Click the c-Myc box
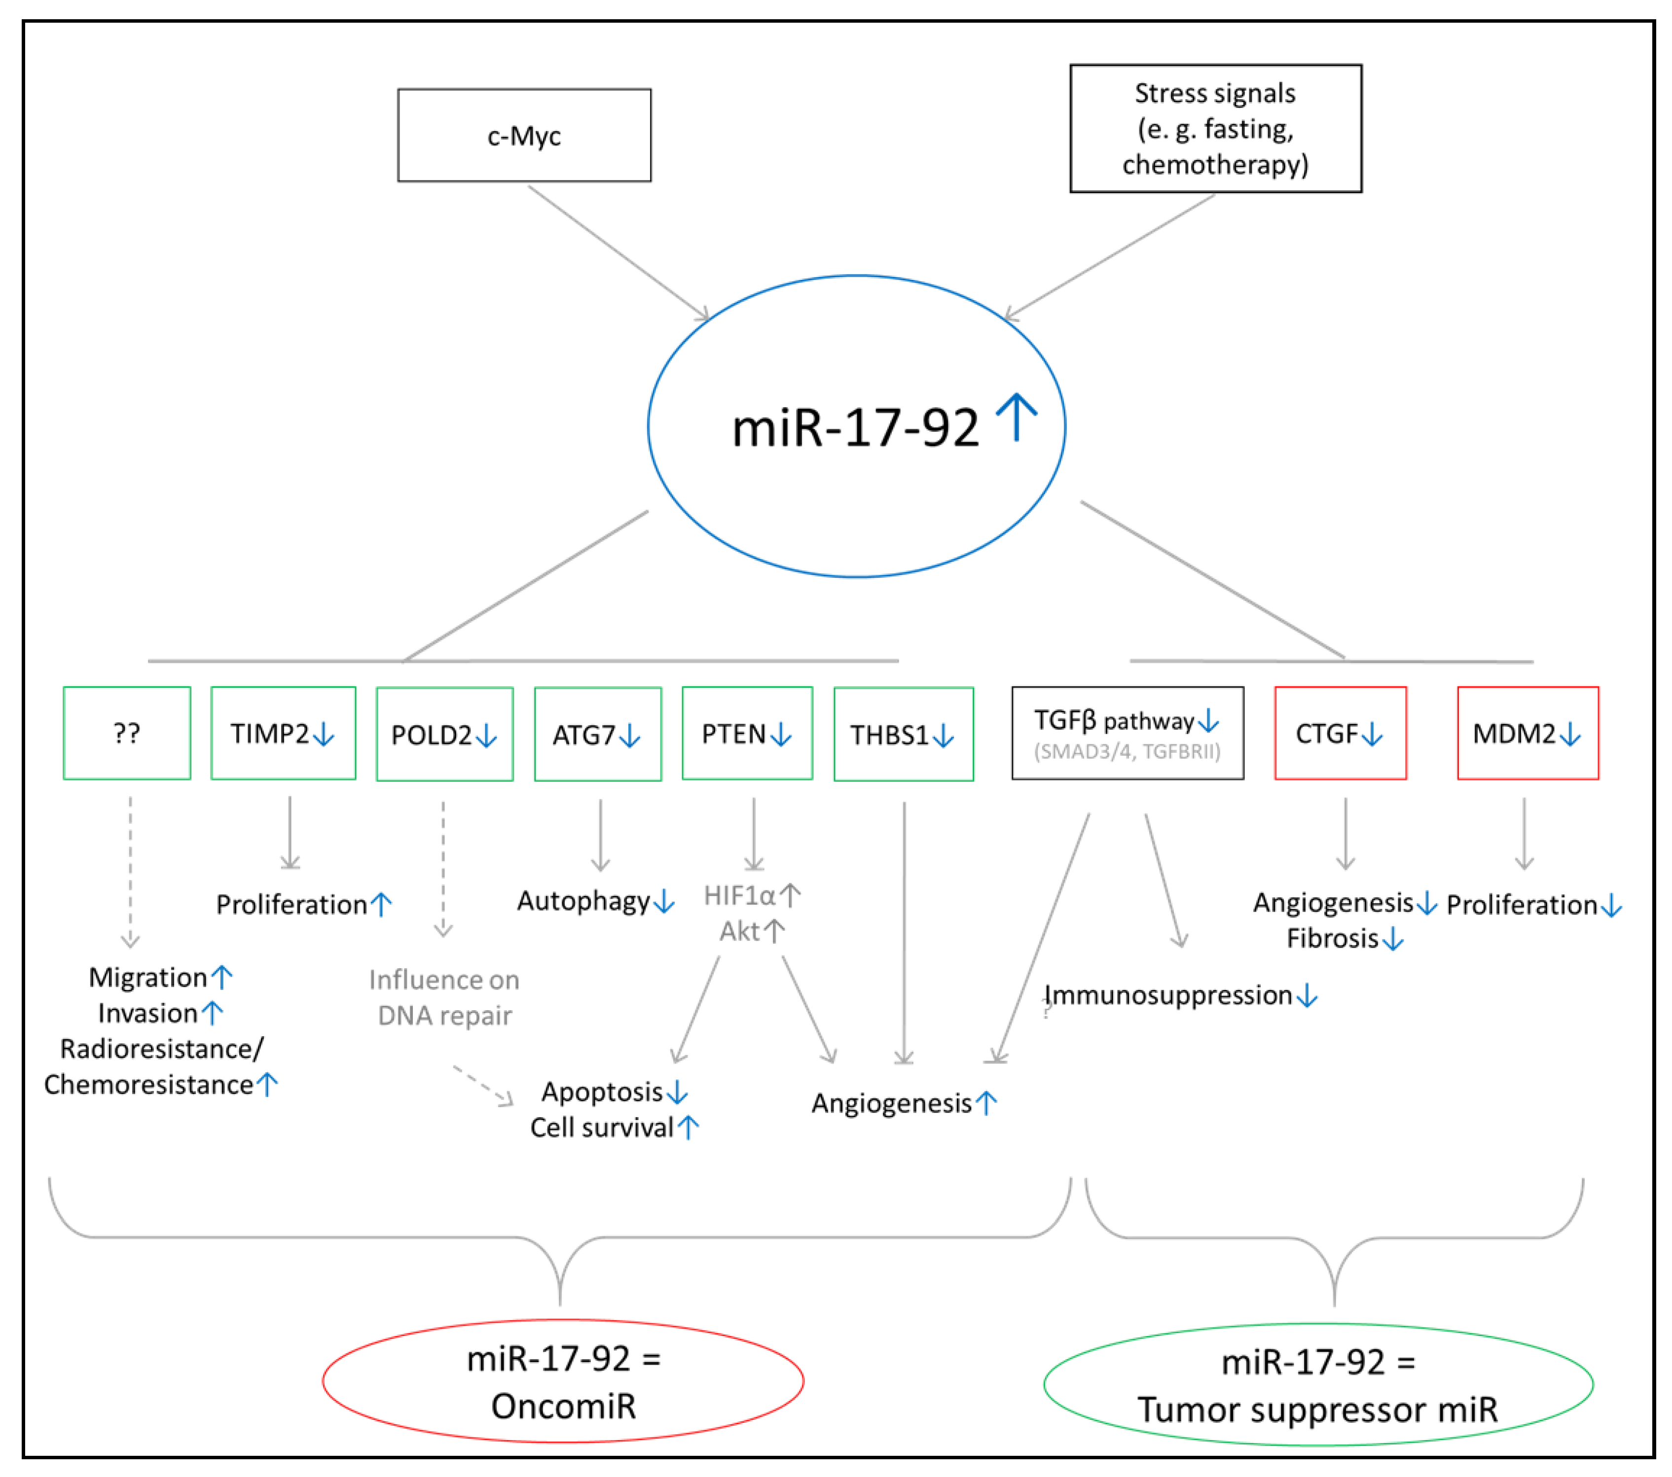coord(524,135)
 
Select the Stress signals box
coord(1216,128)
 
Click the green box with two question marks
coord(127,733)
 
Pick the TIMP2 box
coord(283,733)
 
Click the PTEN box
coord(747,733)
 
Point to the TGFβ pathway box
coord(1127,733)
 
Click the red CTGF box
coord(1340,733)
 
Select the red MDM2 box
coord(1527,733)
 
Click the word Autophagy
coord(583,900)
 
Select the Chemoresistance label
coord(149,1085)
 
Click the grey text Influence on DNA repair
coord(444,997)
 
